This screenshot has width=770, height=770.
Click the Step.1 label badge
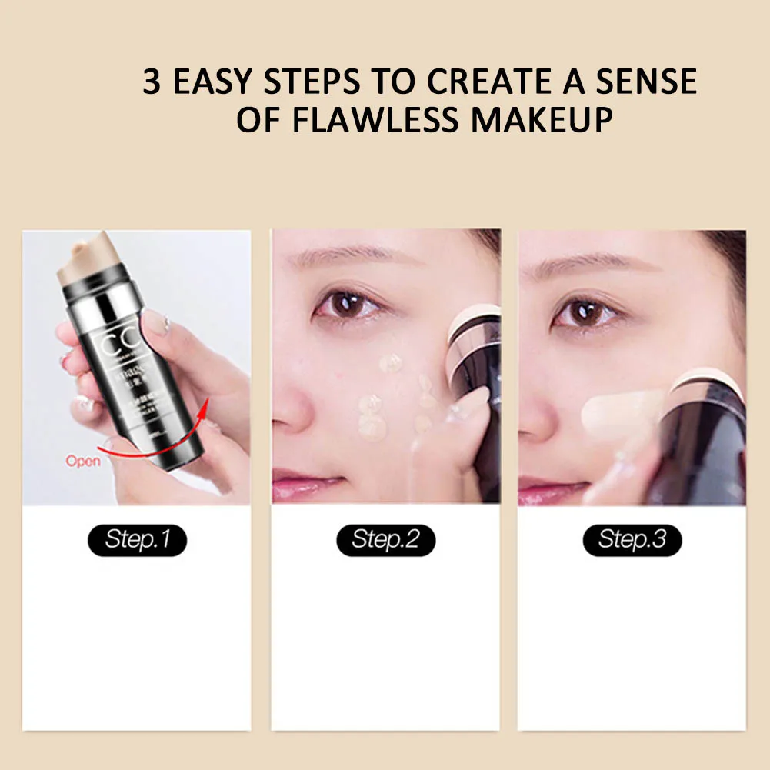(x=137, y=539)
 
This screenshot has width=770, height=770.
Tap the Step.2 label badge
(x=385, y=539)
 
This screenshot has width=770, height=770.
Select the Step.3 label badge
(x=632, y=539)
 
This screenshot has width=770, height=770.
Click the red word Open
(x=83, y=462)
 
